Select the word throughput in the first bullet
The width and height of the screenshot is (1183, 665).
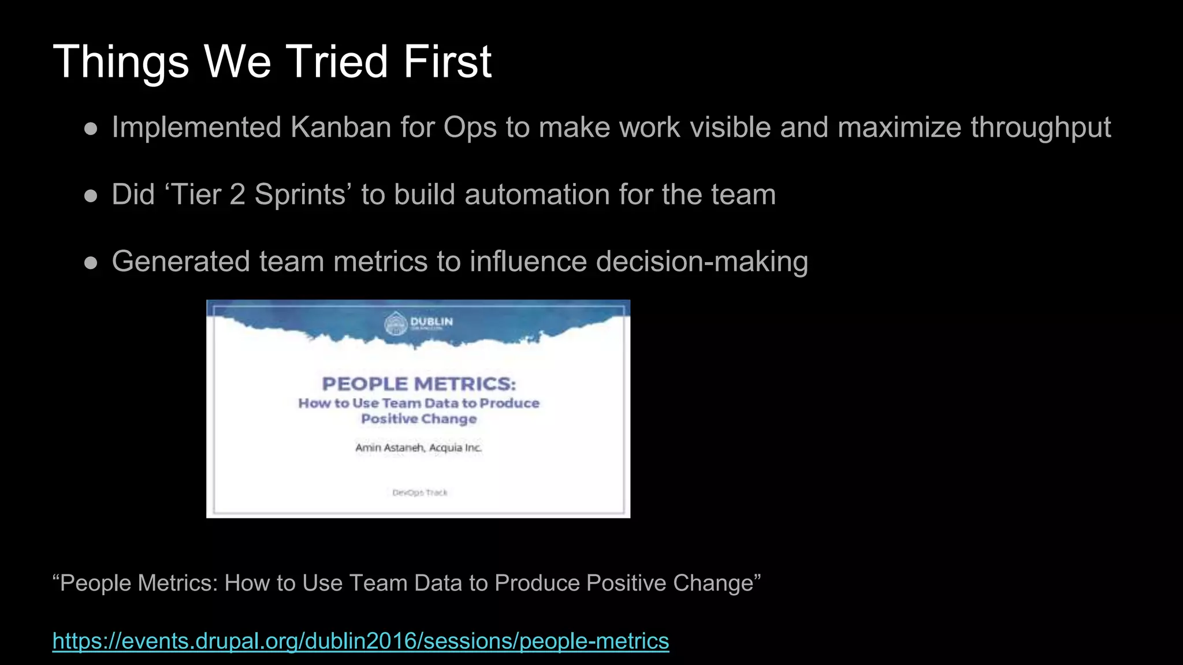1040,127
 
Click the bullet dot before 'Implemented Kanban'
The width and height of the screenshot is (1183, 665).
91,129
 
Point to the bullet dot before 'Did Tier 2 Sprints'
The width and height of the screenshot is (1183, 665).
91,196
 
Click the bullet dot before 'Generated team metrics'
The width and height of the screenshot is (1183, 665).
91,263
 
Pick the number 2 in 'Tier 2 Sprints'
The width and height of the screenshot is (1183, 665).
237,195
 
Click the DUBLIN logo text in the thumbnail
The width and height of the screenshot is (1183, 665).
431,322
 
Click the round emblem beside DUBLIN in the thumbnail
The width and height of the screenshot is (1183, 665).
396,323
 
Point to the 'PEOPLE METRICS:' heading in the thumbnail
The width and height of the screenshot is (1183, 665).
419,384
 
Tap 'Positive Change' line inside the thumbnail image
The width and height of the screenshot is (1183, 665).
419,419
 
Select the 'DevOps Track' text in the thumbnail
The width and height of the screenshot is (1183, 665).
420,492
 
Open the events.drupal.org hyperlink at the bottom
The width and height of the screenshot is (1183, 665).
360,641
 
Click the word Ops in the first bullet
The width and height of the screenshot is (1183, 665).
470,128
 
